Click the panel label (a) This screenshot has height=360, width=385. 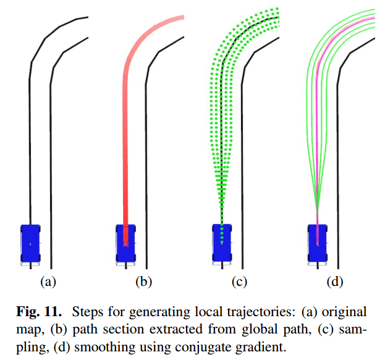click(48, 282)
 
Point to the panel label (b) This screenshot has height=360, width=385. click(143, 282)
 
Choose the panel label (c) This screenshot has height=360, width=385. click(239, 282)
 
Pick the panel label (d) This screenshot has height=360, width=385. click(334, 282)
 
